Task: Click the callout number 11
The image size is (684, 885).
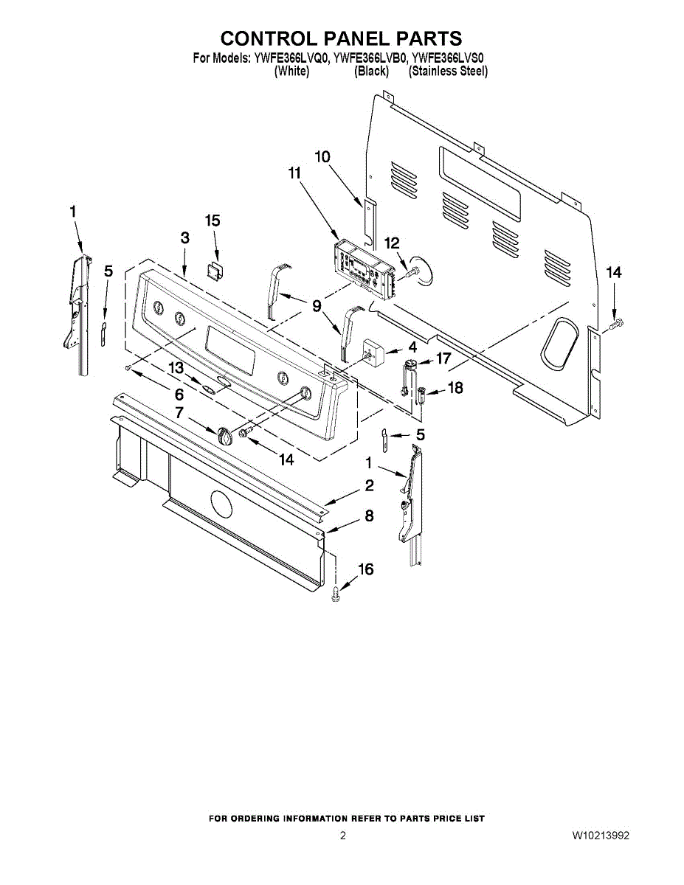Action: [294, 174]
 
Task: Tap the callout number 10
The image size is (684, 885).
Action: [322, 156]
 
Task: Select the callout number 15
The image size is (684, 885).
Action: [213, 221]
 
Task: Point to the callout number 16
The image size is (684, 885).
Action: [365, 569]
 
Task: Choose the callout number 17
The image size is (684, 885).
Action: [443, 359]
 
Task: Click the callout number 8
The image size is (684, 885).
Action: [369, 516]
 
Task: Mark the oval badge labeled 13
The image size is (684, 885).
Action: [210, 388]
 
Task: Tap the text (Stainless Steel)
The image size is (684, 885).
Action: [448, 72]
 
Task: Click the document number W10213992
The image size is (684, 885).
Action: [600, 836]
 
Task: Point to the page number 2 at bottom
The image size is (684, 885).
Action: [342, 836]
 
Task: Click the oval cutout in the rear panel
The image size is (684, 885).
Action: [560, 344]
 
